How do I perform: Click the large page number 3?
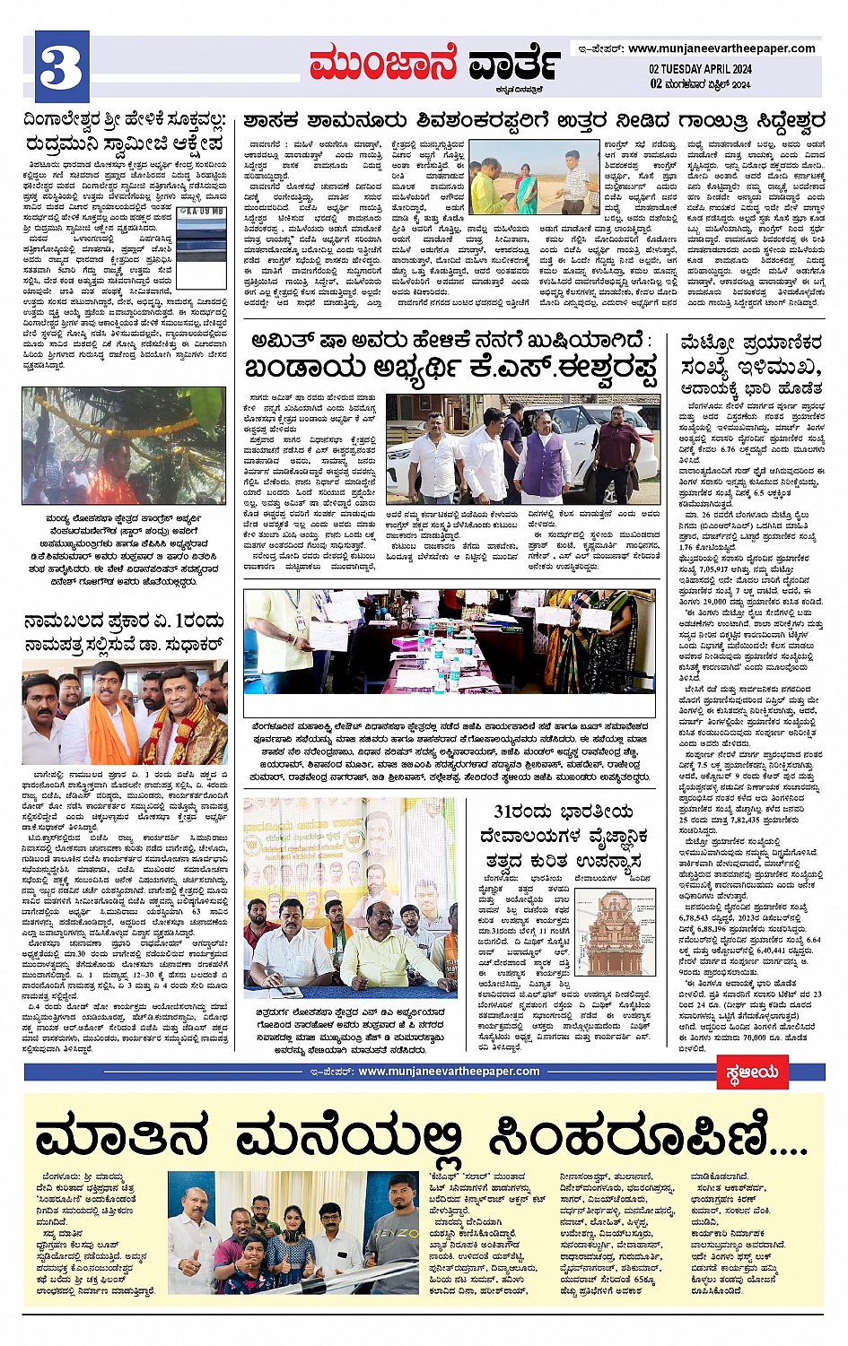[x=62, y=65]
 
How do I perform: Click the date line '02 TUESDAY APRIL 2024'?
[x=700, y=69]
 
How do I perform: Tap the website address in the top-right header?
[x=721, y=48]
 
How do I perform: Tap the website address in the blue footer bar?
[x=449, y=1071]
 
